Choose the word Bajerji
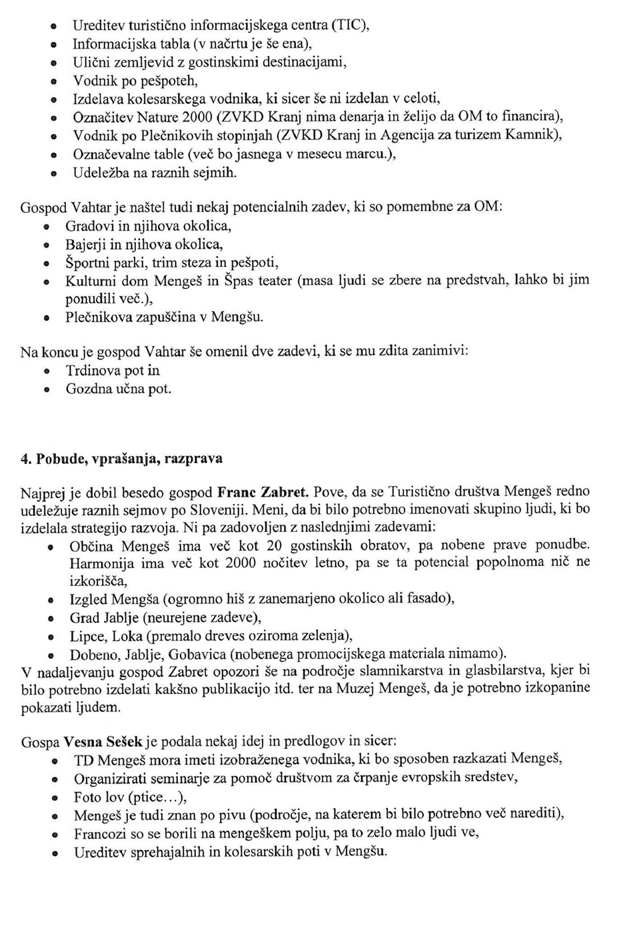tap(85, 244)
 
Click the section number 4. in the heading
tap(26, 459)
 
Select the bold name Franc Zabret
tap(263, 493)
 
